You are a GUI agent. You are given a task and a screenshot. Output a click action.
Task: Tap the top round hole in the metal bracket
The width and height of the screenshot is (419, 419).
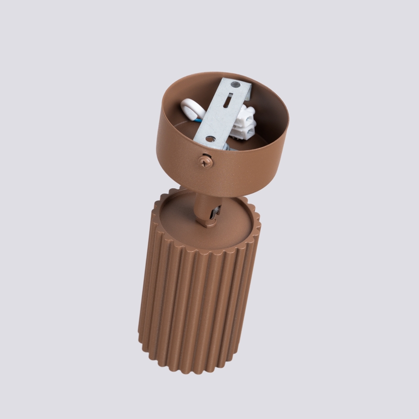point(235,85)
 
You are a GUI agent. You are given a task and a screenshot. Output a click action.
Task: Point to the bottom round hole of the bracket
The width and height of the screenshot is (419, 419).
point(211,139)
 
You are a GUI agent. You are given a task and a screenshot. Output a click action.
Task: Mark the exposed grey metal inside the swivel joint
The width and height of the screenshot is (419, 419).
point(216,211)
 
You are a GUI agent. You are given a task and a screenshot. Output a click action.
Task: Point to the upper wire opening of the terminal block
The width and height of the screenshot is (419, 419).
point(251,115)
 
